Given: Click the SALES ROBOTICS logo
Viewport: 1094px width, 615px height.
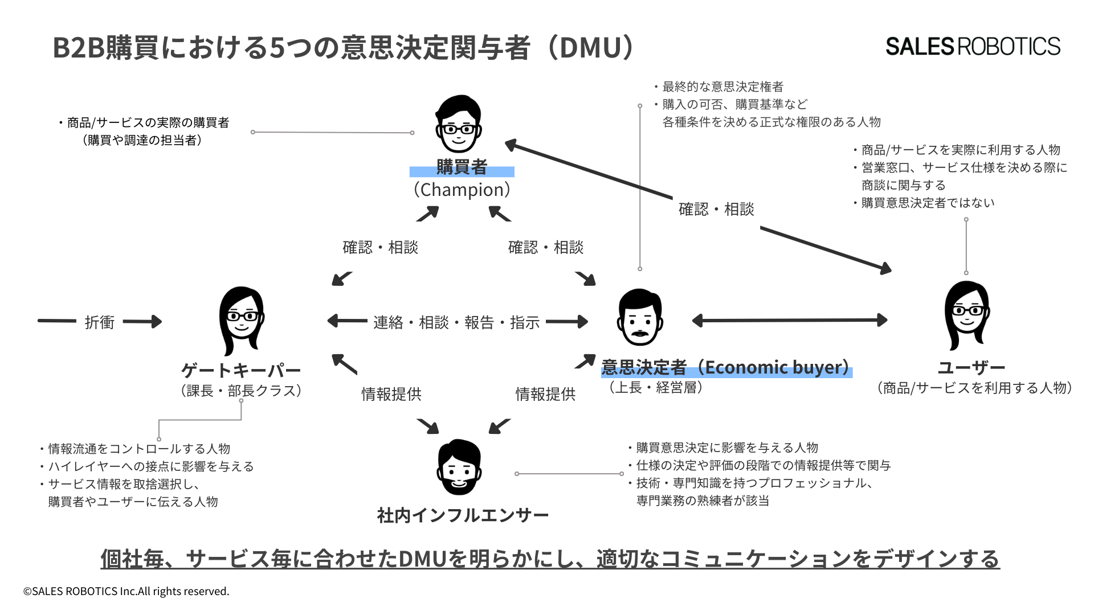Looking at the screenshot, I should (973, 47).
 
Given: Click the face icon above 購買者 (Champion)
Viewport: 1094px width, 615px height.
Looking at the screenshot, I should (458, 125).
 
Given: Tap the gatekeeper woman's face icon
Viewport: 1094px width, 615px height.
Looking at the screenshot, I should (242, 319).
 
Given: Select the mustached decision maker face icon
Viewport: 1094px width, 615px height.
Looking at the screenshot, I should (640, 318).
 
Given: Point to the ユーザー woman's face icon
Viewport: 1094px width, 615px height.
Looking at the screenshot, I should (967, 314).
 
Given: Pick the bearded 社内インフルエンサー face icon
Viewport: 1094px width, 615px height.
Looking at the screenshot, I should (459, 467).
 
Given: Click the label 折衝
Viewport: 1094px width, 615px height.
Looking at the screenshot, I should (100, 322).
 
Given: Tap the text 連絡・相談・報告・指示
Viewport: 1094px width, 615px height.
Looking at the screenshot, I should (456, 322).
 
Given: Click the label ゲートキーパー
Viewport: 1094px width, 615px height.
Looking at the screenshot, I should (241, 370).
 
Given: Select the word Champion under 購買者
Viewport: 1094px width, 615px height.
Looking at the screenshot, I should (462, 190).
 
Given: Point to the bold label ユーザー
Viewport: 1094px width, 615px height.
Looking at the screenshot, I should (971, 367).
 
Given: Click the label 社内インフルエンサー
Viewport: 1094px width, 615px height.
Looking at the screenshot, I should (463, 515).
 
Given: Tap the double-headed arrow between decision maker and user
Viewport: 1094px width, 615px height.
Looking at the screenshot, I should (790, 321).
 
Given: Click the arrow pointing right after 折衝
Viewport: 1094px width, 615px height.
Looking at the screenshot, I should (142, 322).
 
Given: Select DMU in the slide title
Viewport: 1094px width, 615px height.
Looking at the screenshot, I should (589, 48).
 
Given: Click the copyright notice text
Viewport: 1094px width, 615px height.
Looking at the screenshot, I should (126, 591).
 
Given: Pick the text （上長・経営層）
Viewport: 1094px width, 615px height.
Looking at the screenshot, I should (656, 388).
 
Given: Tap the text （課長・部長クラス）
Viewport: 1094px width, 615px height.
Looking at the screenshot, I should (241, 391).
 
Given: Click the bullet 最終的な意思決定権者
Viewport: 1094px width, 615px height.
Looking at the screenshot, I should (722, 87).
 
